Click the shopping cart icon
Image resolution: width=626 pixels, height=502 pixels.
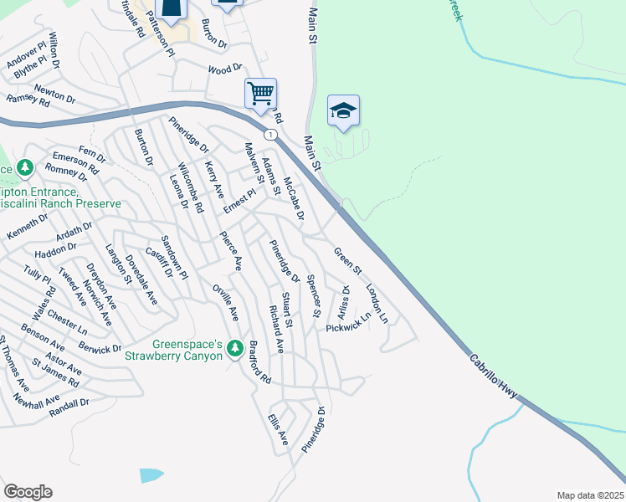260,92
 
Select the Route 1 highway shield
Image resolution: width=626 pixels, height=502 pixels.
269,134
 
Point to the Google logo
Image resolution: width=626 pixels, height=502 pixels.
28,492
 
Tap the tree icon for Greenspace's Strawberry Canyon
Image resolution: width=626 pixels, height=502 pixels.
235,346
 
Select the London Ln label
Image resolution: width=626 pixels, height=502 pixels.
377,304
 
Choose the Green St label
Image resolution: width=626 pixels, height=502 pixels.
347,261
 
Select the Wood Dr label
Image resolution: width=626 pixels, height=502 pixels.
223,70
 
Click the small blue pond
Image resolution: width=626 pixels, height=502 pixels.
151,474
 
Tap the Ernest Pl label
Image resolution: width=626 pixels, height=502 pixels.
239,206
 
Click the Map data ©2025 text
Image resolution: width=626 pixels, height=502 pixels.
590,495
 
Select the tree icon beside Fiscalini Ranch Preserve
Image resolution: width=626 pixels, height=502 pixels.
25,168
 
